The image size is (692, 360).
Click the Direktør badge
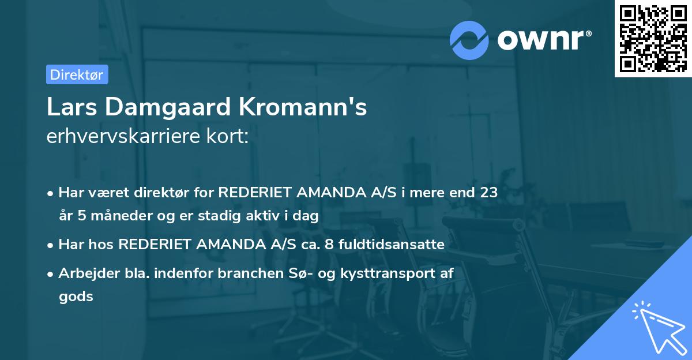tap(77, 74)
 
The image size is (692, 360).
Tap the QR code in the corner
tap(652, 39)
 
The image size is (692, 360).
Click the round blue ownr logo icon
tap(469, 40)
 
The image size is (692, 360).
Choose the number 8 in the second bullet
tap(329, 244)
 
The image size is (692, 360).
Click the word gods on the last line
tap(76, 297)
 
